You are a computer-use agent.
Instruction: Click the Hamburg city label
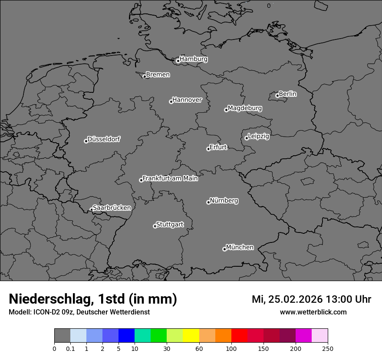(x=193, y=59)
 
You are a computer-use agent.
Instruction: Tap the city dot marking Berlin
(x=277, y=95)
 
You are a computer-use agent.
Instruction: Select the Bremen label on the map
(x=158, y=75)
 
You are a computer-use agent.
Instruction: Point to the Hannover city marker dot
(x=171, y=101)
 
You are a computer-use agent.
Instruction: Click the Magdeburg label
(x=244, y=108)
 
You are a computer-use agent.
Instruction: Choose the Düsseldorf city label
(x=104, y=139)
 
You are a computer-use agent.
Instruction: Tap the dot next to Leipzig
(x=247, y=138)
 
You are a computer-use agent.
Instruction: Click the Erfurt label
(x=218, y=147)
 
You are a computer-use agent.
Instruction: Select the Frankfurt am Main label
(x=170, y=178)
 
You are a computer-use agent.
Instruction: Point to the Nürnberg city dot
(x=208, y=202)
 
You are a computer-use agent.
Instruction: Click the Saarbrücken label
(x=112, y=208)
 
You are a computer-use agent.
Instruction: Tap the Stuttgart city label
(x=169, y=224)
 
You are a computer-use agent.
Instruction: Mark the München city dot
(x=224, y=249)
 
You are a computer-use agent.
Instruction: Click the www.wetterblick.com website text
(x=313, y=312)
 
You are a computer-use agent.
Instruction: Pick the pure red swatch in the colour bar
(x=239, y=336)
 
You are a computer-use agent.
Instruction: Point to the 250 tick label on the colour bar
(x=328, y=349)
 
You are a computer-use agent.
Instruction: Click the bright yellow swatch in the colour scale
(x=191, y=336)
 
